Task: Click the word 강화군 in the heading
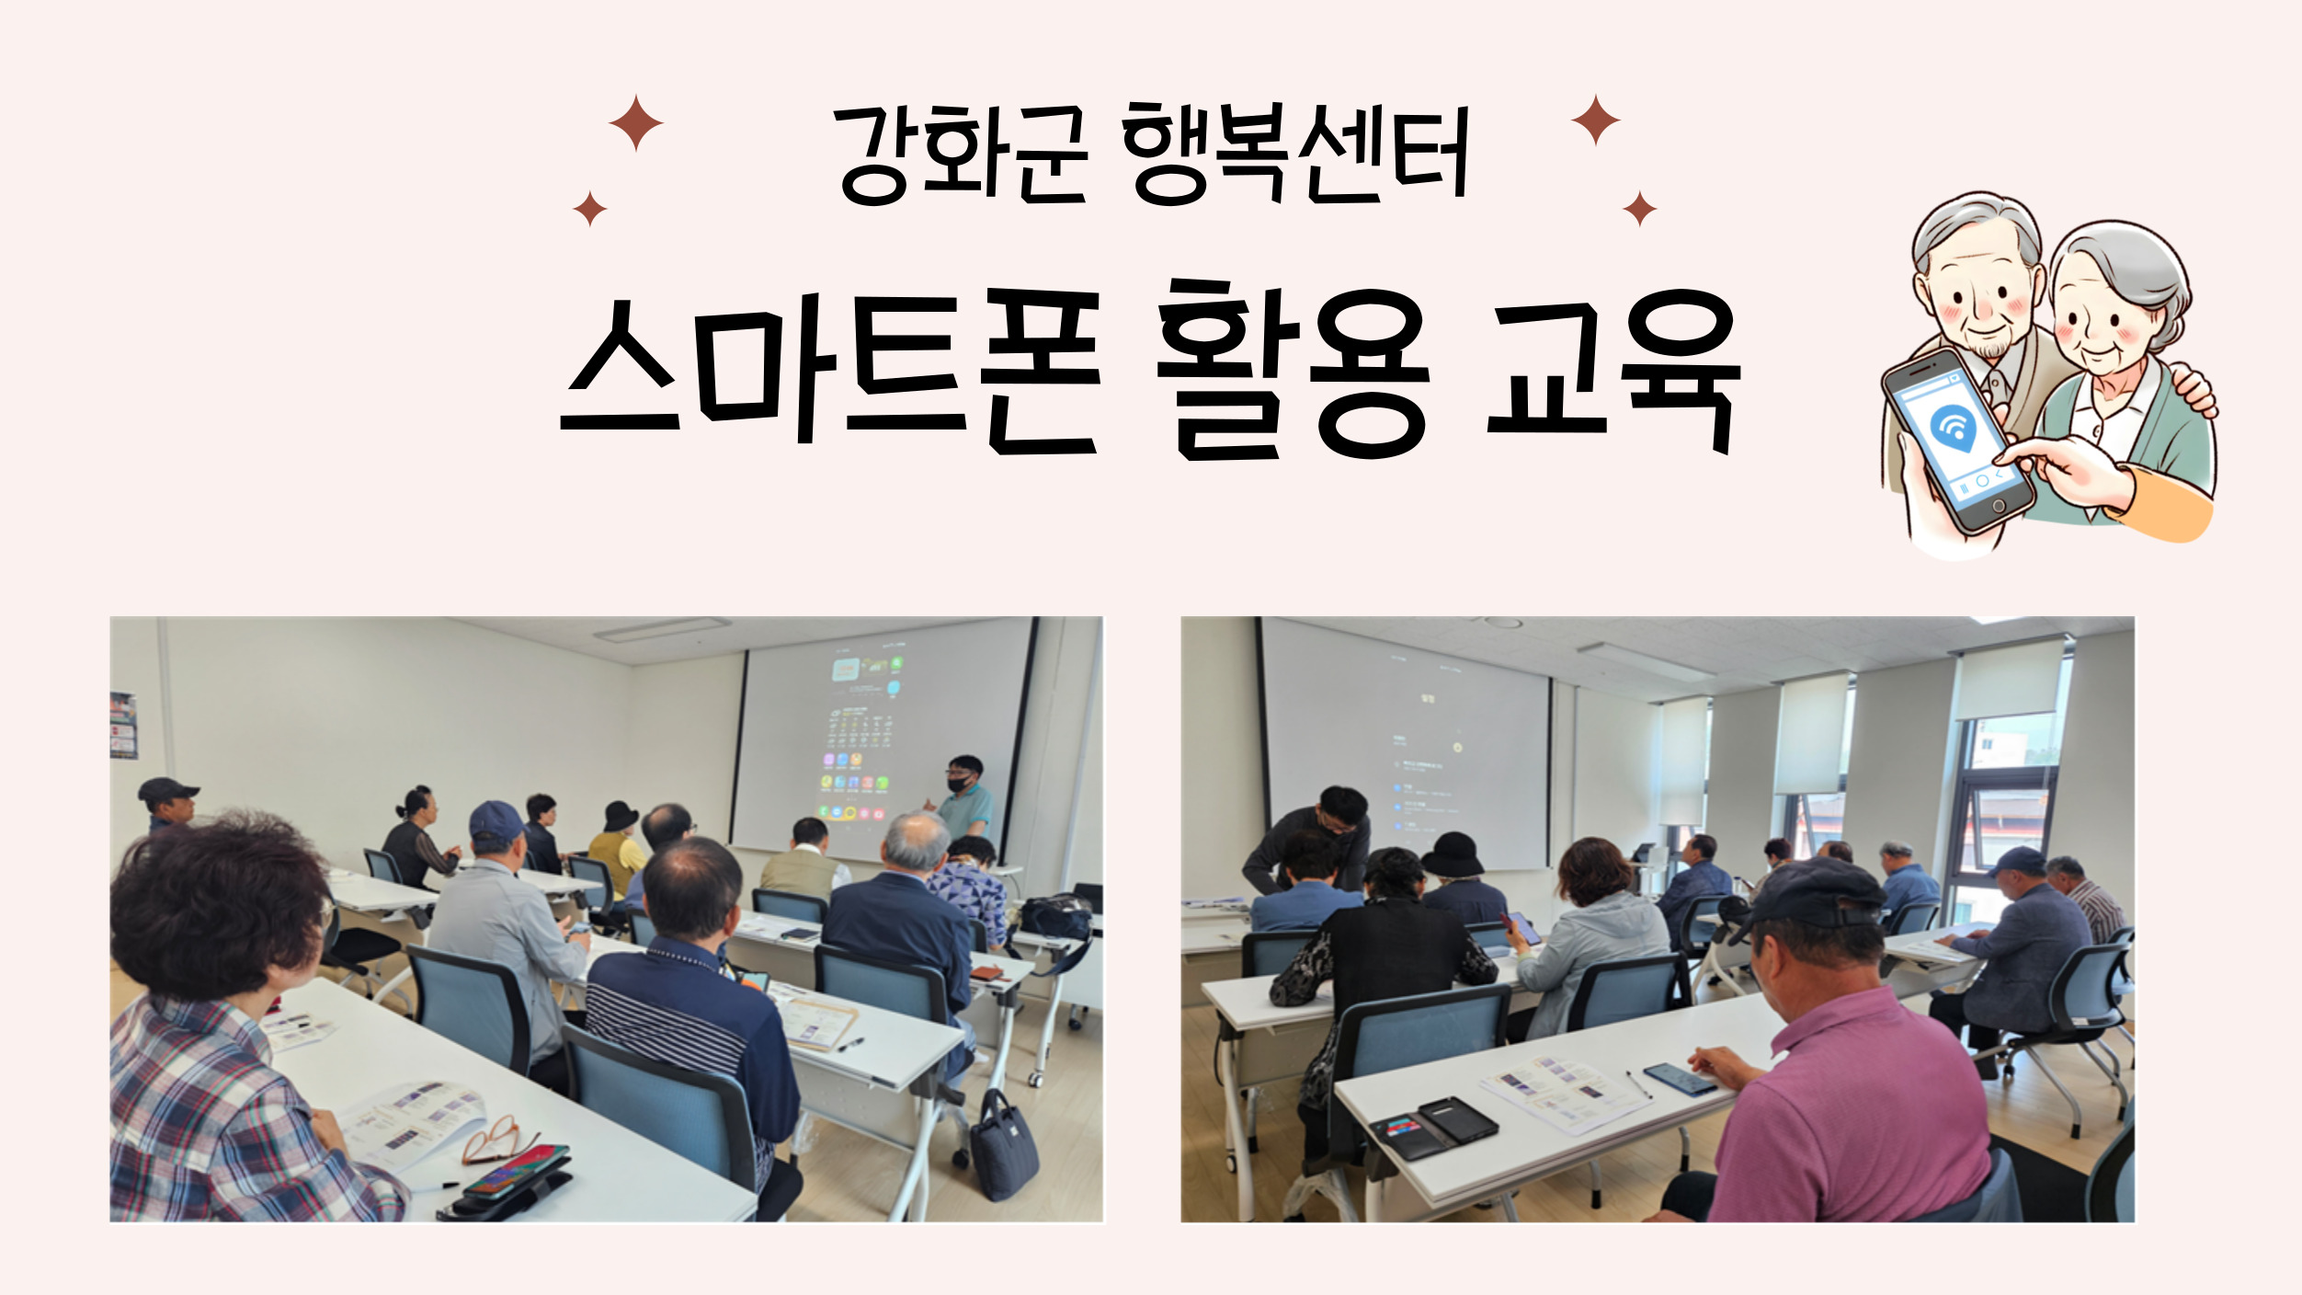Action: (964, 154)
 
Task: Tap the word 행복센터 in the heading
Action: (1296, 154)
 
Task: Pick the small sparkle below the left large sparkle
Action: (590, 209)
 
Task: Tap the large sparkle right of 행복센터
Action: (1596, 120)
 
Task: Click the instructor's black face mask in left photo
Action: (961, 783)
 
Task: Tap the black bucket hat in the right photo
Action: (1453, 854)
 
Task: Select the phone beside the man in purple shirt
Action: (1680, 1078)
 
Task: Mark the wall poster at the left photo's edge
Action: (123, 726)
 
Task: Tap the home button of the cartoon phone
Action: (1998, 506)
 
